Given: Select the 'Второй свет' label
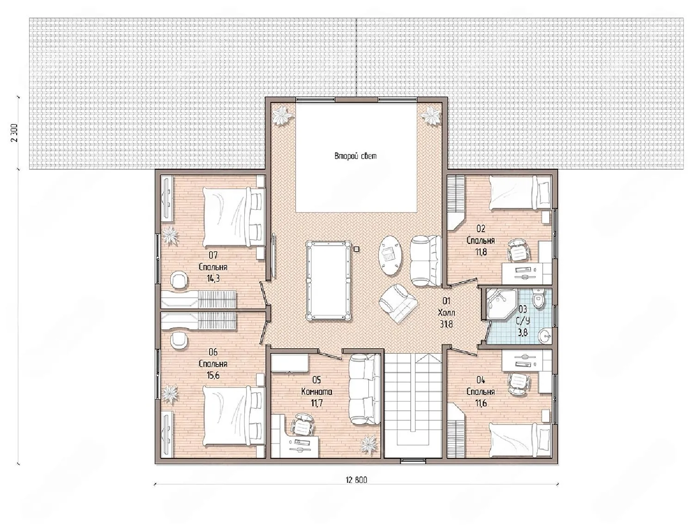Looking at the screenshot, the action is (355, 156).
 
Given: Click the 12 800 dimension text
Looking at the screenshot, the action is (356, 480).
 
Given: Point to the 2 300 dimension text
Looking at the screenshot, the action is (15, 133).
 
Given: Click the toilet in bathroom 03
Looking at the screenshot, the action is (537, 297).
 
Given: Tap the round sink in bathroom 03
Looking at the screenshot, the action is (544, 335).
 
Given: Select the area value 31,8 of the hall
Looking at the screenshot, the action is (446, 324).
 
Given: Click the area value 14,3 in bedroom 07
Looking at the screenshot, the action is (213, 278).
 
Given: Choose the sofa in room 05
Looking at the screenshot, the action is (364, 389).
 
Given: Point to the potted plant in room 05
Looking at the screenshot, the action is (368, 444).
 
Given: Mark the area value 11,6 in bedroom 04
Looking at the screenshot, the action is (481, 403).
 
